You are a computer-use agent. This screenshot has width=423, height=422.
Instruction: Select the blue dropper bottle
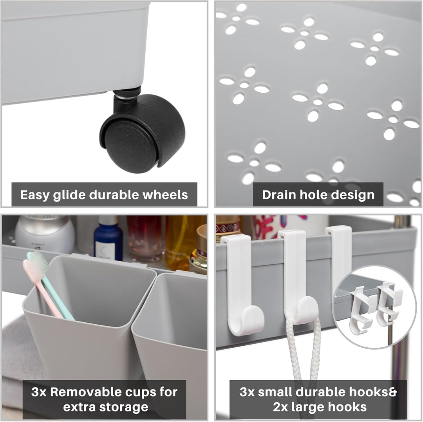[108, 238]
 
